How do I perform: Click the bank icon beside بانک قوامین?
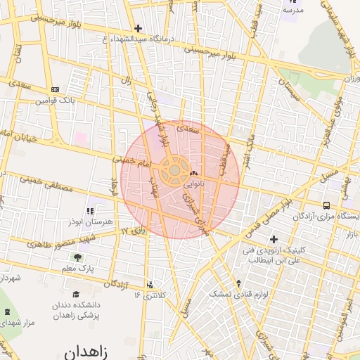(55, 89)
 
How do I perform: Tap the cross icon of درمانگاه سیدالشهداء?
(138, 29)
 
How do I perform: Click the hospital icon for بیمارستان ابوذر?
(89, 210)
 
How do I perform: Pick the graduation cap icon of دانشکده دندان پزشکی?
(76, 295)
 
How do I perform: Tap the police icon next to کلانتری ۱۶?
(150, 285)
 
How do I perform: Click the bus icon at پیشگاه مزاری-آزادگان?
(326, 205)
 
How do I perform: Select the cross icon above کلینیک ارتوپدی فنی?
(274, 239)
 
